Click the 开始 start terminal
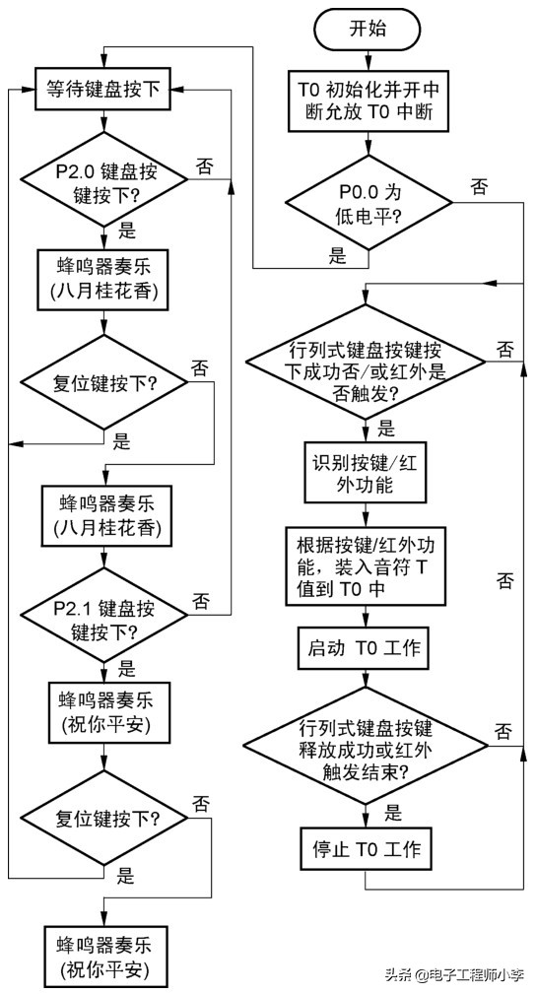tap(368, 29)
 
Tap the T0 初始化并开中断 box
tap(368, 100)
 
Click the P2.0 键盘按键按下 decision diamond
tap(104, 179)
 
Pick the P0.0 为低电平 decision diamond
tap(368, 204)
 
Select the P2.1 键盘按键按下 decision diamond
tap(104, 617)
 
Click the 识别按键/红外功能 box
tap(367, 474)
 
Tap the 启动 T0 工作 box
tap(367, 647)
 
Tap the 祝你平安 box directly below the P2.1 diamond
tap(104, 710)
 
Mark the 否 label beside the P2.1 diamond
tap(200, 600)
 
